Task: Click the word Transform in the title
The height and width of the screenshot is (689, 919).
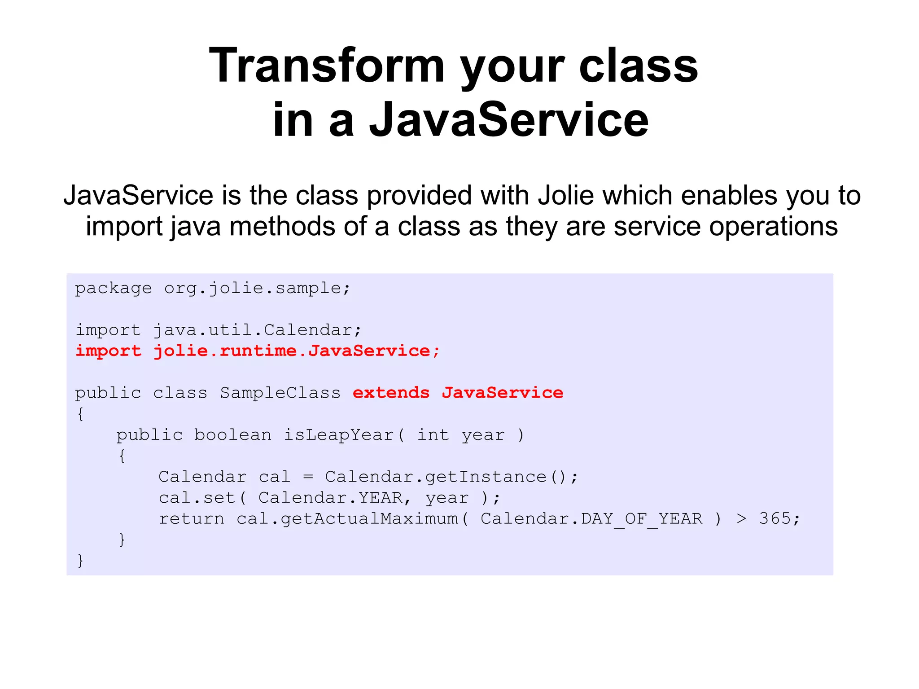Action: coord(326,66)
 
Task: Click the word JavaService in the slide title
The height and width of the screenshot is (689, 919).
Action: coord(509,120)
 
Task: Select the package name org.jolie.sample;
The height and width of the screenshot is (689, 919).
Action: coord(257,288)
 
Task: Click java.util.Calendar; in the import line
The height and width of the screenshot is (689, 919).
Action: coord(257,330)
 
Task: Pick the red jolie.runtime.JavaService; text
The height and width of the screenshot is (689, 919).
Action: coord(297,351)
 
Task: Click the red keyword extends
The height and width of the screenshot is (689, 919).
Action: coord(391,393)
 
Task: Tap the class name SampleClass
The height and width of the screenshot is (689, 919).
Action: coord(280,393)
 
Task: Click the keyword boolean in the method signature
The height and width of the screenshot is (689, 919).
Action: coord(232,435)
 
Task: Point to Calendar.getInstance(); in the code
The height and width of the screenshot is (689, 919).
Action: coord(451,477)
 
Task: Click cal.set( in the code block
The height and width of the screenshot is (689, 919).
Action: coord(202,498)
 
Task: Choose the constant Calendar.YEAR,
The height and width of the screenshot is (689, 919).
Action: coord(335,498)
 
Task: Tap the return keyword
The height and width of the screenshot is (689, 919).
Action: coord(192,519)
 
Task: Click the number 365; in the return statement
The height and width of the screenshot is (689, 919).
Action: coord(779,519)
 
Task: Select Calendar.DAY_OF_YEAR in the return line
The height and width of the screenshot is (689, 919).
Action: coord(591,519)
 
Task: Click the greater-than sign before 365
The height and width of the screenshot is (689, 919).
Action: coord(741,519)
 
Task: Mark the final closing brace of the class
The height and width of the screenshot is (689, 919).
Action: coord(80,561)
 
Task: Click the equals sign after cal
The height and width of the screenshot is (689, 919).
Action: coord(308,477)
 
